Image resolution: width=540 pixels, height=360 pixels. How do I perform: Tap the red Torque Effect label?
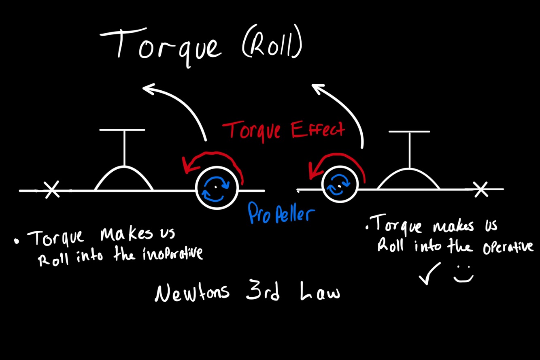(283, 130)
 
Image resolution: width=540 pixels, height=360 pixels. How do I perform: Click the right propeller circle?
(340, 185)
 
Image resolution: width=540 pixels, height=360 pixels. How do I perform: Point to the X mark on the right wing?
(481, 189)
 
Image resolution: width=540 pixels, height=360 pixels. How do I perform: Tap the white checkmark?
(429, 273)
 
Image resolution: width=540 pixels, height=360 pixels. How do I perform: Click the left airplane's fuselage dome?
(124, 178)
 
